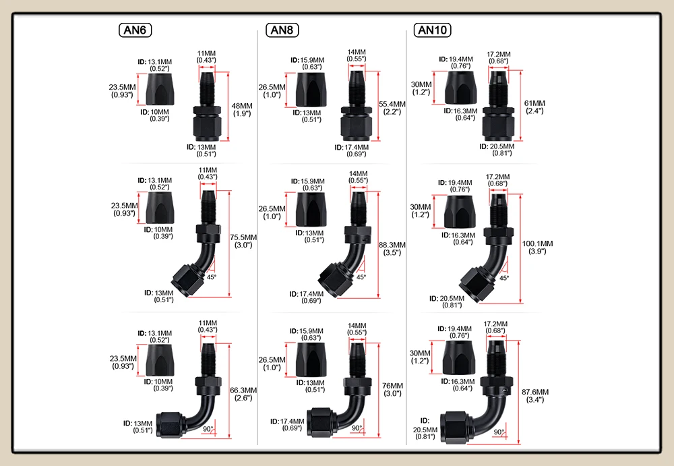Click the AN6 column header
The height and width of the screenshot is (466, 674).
[x=135, y=30]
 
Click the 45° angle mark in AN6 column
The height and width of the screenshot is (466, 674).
[x=211, y=277]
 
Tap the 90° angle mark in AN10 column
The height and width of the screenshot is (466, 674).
[x=499, y=432]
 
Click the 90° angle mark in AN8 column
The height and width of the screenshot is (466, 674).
[x=357, y=428]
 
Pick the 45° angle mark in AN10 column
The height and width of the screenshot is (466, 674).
[x=504, y=278]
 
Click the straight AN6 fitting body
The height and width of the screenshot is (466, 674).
[x=204, y=111]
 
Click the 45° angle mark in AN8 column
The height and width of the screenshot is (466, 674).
[x=361, y=277]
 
